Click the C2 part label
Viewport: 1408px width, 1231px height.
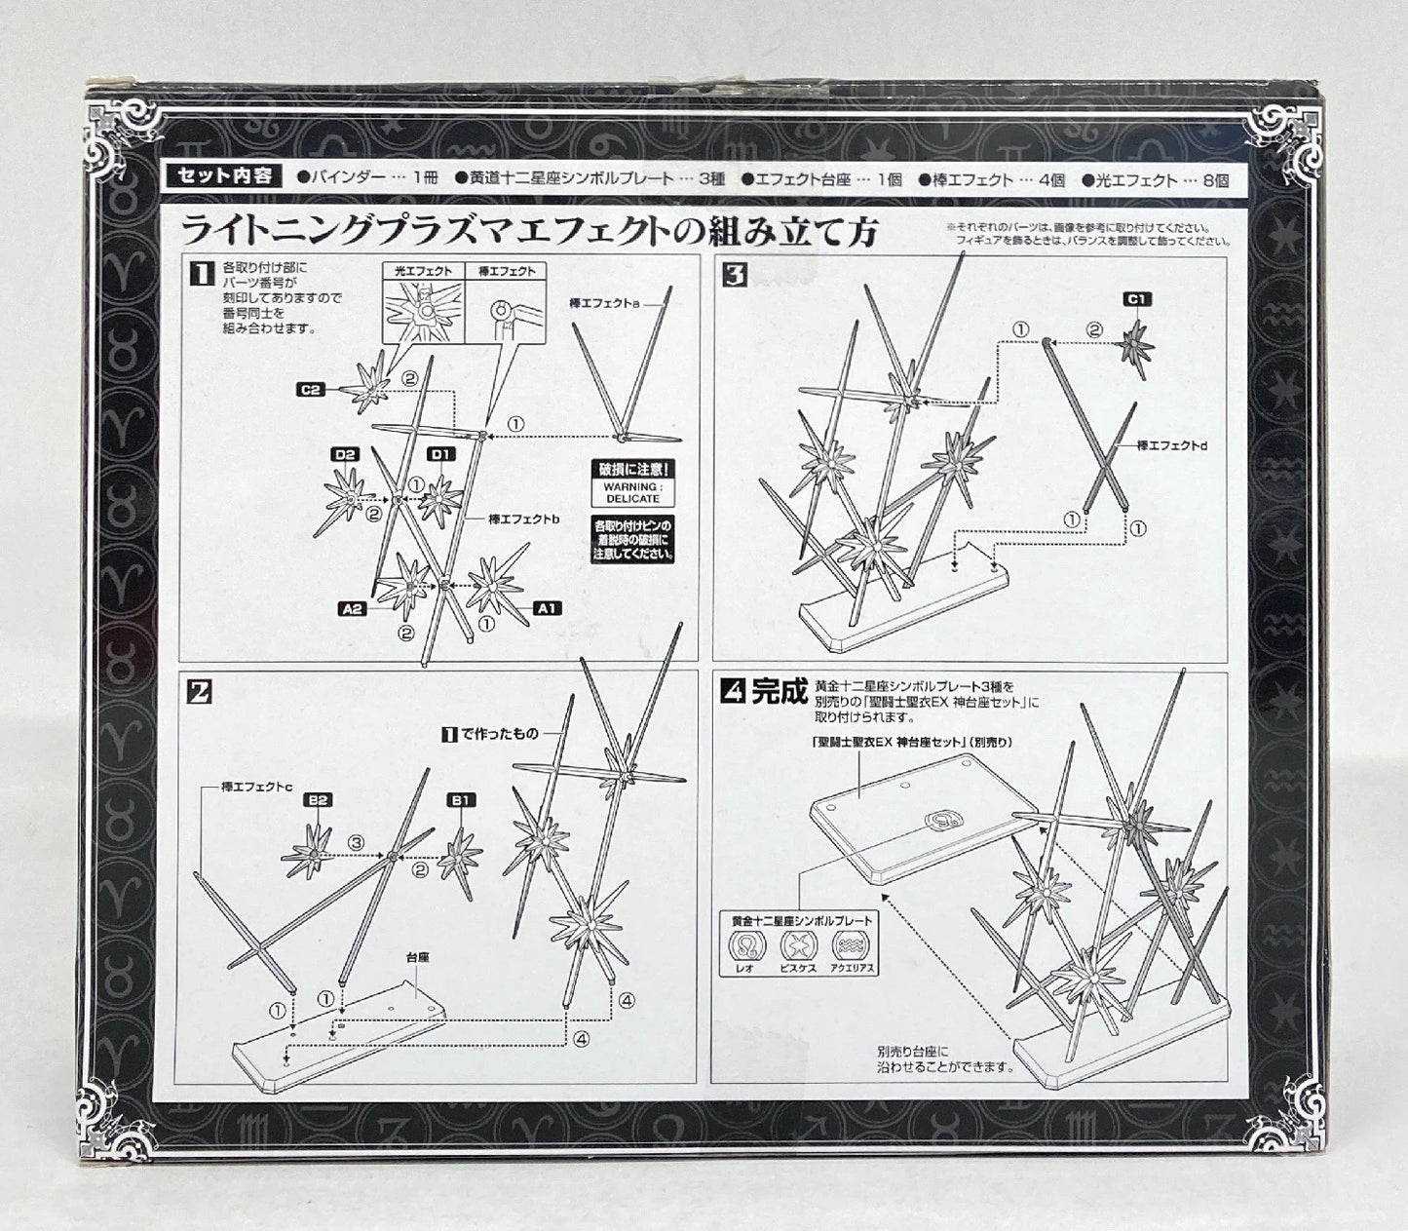pos(311,390)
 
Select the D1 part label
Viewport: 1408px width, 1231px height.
pos(441,454)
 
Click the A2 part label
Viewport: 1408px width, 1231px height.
pos(353,608)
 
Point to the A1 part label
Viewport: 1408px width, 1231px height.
pos(548,607)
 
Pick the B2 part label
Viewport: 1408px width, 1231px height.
pos(318,800)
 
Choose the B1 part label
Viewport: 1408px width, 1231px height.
pos(460,800)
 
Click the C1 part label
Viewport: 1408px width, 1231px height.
pos(1137,299)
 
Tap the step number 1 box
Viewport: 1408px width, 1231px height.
pos(200,276)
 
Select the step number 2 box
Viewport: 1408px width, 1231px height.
pos(200,692)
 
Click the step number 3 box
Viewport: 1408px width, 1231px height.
pos(734,276)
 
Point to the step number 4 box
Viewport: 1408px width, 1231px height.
pos(733,692)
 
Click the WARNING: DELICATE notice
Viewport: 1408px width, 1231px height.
pos(632,491)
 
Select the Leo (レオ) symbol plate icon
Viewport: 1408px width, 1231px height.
pos(746,946)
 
